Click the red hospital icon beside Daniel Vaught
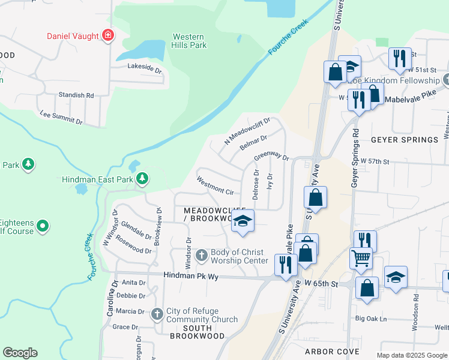click(x=108, y=36)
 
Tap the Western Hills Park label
click(x=189, y=41)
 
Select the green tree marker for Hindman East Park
click(x=142, y=178)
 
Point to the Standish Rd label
click(x=76, y=95)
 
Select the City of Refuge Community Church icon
click(x=157, y=313)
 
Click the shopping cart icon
click(x=361, y=258)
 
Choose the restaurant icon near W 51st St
click(x=399, y=58)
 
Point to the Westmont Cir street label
click(x=214, y=185)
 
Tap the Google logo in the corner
click(x=20, y=353)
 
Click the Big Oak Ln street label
click(x=371, y=318)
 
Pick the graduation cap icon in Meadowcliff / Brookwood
click(x=243, y=221)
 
